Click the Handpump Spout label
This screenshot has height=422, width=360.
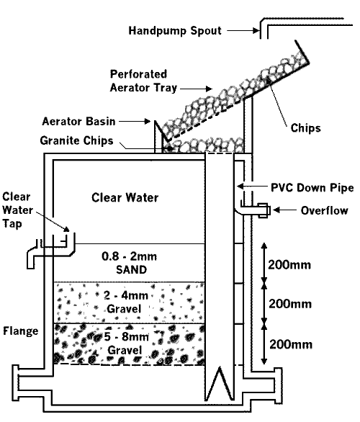[174, 31]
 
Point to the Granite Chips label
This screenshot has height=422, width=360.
[86, 140]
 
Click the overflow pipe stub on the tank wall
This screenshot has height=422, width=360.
[258, 210]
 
